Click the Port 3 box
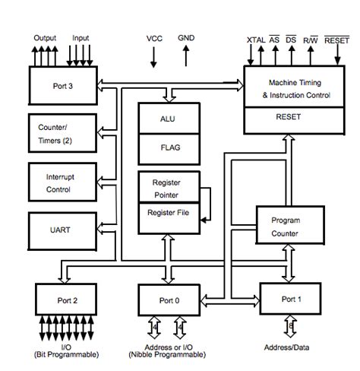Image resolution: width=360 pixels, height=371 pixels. pyautogui.click(x=62, y=85)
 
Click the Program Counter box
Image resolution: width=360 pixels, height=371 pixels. pyautogui.click(x=286, y=227)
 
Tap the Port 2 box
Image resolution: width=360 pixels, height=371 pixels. pyautogui.click(x=67, y=300)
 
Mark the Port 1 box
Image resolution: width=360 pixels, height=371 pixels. pyautogui.click(x=290, y=299)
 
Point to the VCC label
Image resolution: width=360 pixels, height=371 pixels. pyautogui.click(x=155, y=38)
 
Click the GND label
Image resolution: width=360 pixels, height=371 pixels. pyautogui.click(x=186, y=37)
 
